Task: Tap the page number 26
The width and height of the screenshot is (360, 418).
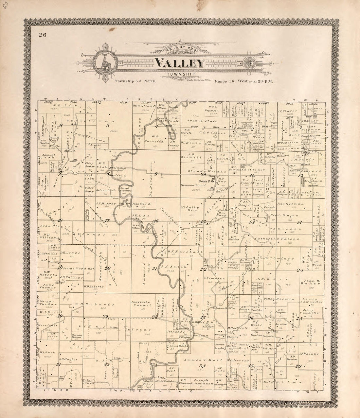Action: pyautogui.click(x=42, y=36)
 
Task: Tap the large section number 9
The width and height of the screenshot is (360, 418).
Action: pyautogui.click(x=156, y=174)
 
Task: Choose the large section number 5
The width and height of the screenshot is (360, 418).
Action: pyautogui.click(x=107, y=125)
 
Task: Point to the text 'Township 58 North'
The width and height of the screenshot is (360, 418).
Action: pyautogui.click(x=135, y=80)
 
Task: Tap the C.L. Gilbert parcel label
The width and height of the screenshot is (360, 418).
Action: pyautogui.click(x=215, y=133)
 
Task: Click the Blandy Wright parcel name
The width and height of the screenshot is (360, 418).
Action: pyautogui.click(x=209, y=171)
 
